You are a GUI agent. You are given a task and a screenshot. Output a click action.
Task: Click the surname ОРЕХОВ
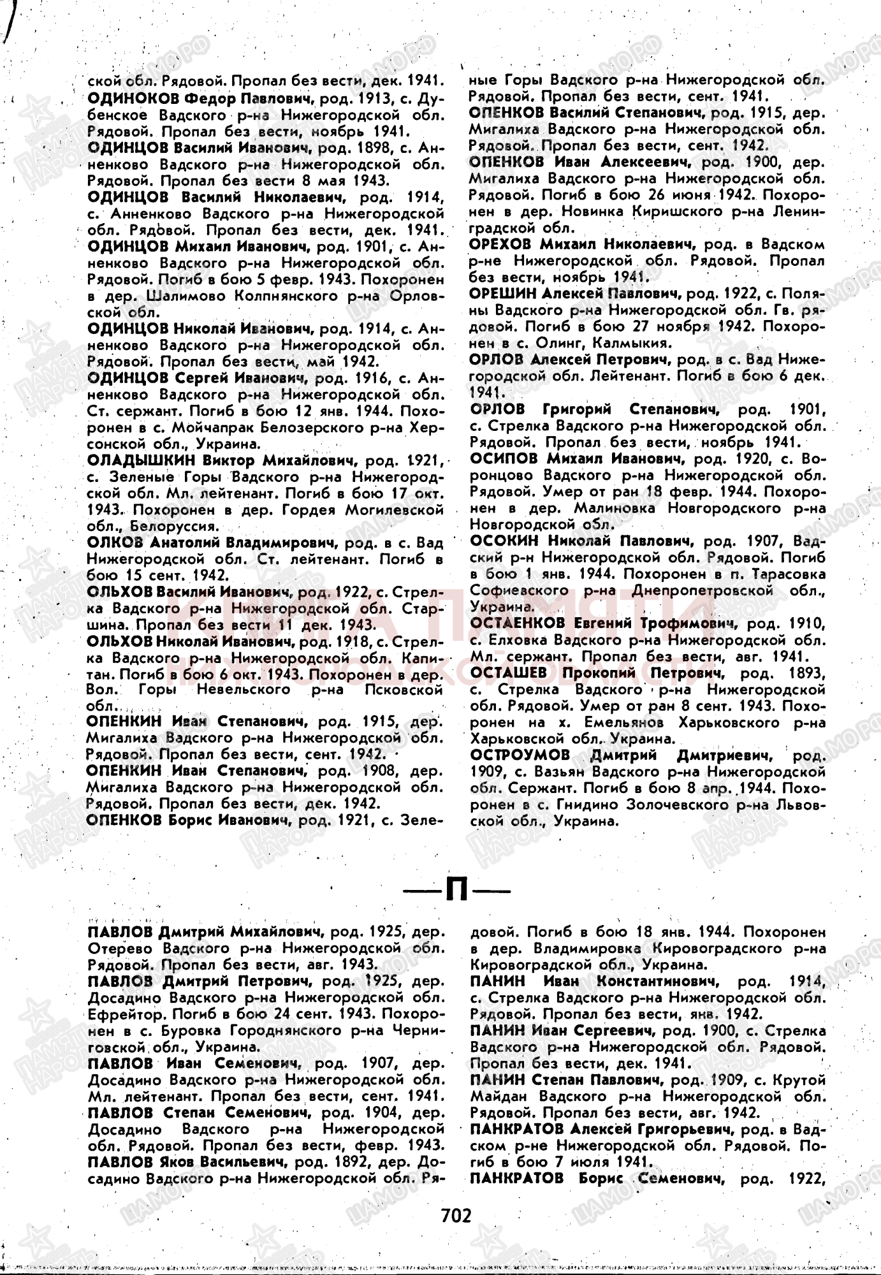tap(500, 244)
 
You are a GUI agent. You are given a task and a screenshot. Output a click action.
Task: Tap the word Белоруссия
tap(174, 527)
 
